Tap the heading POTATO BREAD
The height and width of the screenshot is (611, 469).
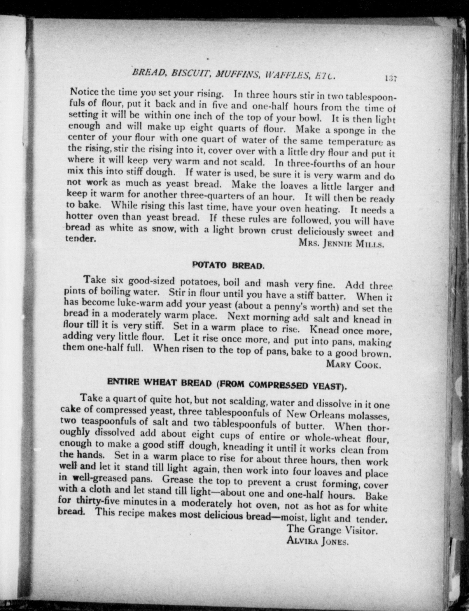pyautogui.click(x=228, y=265)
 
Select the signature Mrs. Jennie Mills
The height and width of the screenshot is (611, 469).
pyautogui.click(x=341, y=243)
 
